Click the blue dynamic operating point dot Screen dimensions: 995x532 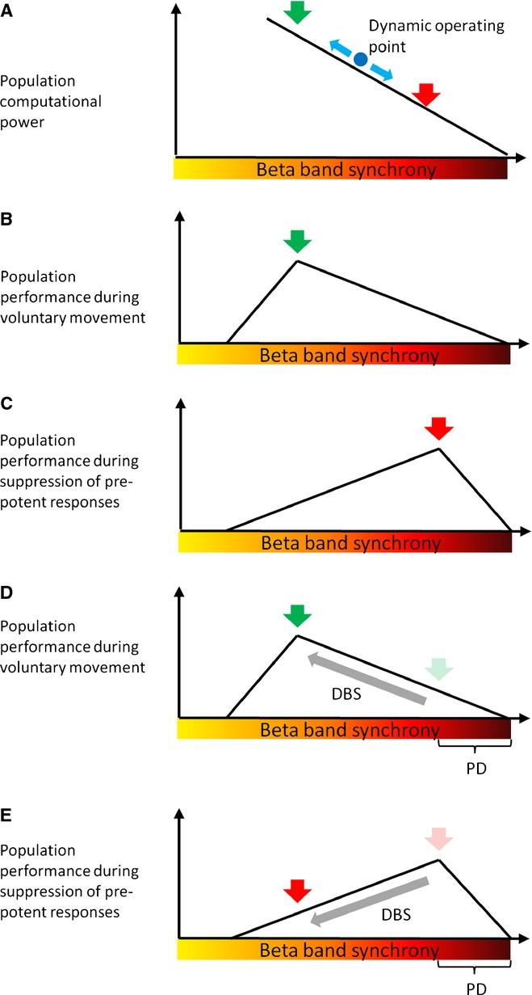(x=361, y=59)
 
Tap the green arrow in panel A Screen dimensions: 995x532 (x=297, y=11)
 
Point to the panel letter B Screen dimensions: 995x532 (x=7, y=219)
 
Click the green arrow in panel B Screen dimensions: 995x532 (x=297, y=241)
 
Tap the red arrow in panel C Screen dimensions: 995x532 (x=439, y=428)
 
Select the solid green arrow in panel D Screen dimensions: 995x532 (x=297, y=617)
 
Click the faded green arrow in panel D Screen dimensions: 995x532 (x=439, y=668)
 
